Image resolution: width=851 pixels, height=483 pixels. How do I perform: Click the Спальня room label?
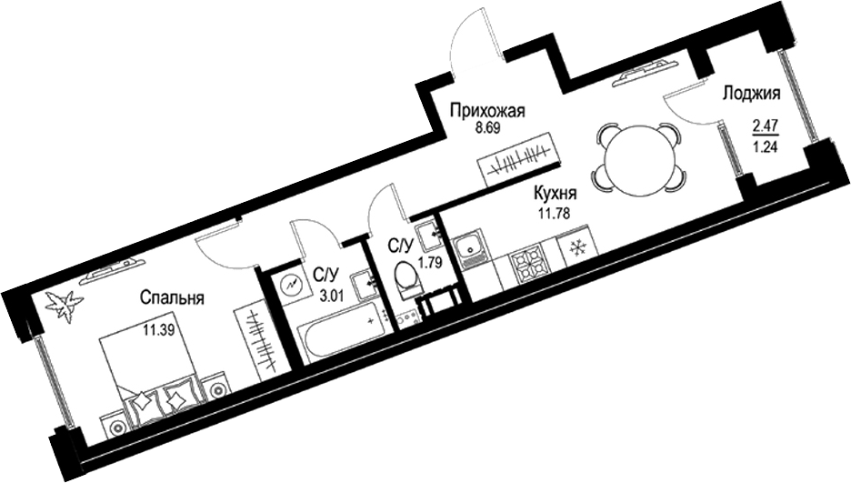point(171,297)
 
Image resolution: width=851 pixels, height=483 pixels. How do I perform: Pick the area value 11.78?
point(554,215)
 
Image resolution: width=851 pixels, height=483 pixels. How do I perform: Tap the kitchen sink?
point(473,247)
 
